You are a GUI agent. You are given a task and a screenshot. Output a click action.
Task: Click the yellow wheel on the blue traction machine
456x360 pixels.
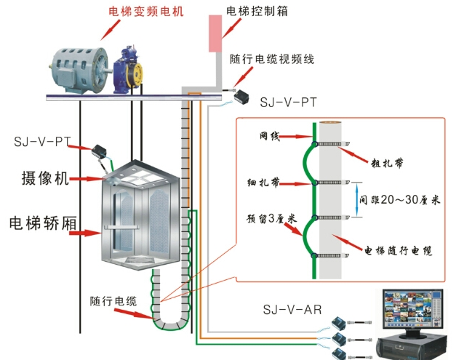[x=135, y=73]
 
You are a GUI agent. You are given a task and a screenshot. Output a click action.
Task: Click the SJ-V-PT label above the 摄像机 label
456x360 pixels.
[x=41, y=140]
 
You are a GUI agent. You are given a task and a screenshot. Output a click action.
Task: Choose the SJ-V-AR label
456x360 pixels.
[x=292, y=310]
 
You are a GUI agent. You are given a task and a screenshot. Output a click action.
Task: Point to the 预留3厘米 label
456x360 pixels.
[x=270, y=218]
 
